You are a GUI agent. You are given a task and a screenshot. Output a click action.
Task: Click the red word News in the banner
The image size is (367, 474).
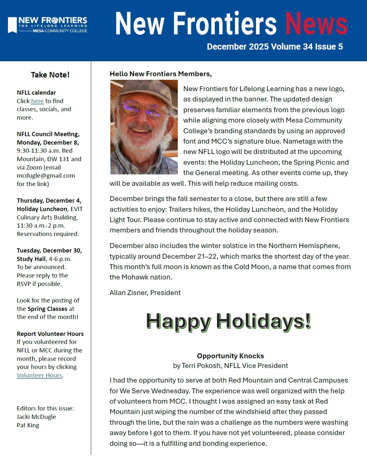(x=316, y=24)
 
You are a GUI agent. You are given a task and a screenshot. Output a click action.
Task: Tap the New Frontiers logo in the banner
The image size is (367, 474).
(x=47, y=25)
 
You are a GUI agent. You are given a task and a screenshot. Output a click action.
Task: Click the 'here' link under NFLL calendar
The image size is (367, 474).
(x=37, y=101)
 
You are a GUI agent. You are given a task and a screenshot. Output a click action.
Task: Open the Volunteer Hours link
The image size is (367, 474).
(x=40, y=375)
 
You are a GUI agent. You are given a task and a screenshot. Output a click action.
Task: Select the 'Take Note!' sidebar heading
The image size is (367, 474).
(x=50, y=75)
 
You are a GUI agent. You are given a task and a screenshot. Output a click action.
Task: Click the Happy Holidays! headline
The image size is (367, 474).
(x=228, y=322)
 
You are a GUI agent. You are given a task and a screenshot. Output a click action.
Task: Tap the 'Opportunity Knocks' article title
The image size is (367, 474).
(x=230, y=356)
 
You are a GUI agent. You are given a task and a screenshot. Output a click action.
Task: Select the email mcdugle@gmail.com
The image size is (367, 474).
(x=46, y=176)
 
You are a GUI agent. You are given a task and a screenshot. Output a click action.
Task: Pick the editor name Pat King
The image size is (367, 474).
(x=28, y=425)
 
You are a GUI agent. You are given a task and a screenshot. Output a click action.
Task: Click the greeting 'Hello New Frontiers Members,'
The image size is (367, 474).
(x=161, y=74)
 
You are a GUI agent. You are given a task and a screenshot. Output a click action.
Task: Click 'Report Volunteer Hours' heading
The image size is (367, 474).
(x=50, y=334)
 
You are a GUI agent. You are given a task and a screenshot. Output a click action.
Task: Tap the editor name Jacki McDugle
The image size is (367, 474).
(x=36, y=417)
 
